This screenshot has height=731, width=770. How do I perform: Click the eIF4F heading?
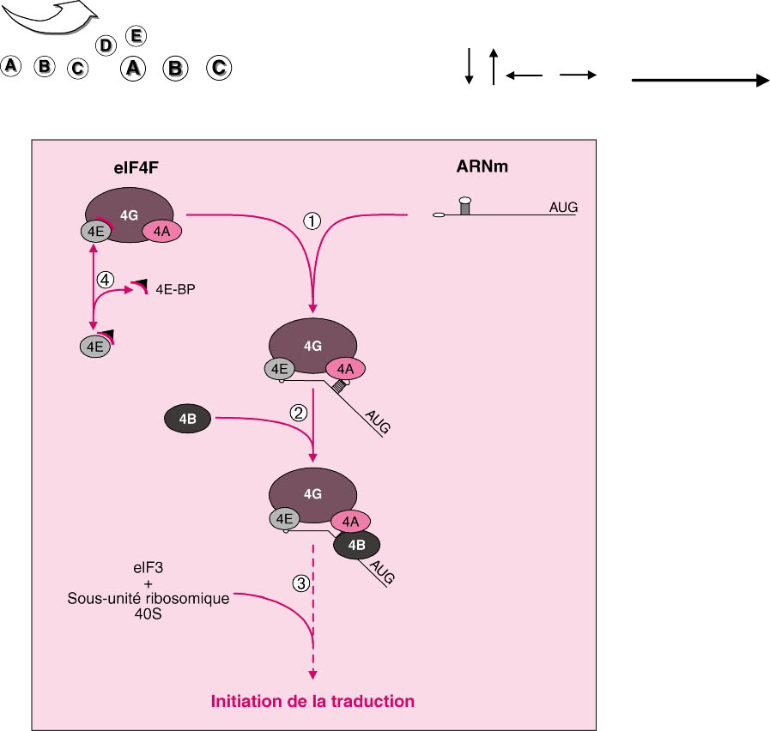[136, 168]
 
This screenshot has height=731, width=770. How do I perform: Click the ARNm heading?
[482, 166]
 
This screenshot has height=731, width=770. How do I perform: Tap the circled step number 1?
[312, 221]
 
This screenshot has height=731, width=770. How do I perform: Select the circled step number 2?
[299, 413]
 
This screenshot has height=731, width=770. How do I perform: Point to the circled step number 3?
[301, 583]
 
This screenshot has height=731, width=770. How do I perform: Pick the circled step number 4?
[105, 280]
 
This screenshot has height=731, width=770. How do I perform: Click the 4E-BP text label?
[175, 289]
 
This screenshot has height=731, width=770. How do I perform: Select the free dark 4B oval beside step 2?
[188, 419]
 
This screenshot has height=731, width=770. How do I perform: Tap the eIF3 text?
[148, 568]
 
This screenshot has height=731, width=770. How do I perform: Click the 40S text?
[148, 613]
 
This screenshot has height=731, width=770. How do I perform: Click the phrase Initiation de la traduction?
[312, 701]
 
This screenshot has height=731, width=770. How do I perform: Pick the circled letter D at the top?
[106, 45]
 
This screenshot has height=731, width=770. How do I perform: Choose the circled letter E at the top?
[136, 36]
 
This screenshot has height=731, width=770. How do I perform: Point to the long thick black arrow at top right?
[700, 80]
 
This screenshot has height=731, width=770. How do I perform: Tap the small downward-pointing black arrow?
[469, 66]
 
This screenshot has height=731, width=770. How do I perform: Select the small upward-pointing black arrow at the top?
[494, 66]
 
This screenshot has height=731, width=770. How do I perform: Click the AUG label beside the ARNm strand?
[563, 208]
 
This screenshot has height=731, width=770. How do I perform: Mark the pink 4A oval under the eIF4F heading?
[162, 231]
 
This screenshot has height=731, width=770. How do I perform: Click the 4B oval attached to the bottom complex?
[356, 545]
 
